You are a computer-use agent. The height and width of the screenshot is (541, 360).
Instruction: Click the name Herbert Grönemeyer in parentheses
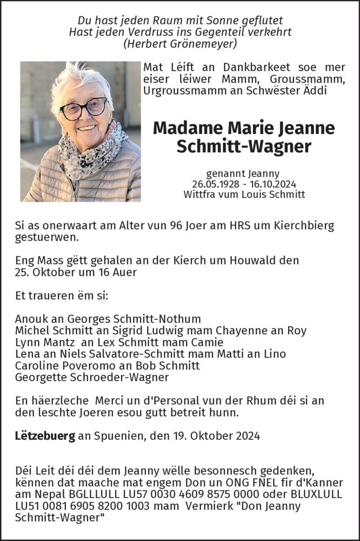pos(180,44)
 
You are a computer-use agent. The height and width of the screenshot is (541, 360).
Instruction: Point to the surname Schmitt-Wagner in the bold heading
pos(244,146)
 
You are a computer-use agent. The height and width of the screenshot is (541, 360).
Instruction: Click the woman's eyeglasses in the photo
pos(83,109)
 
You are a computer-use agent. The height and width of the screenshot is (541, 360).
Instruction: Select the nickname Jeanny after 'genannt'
pos(263,174)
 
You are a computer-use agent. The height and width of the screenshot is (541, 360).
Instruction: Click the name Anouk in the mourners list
pos(31,319)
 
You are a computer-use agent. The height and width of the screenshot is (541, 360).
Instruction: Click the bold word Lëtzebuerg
pos(45,436)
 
